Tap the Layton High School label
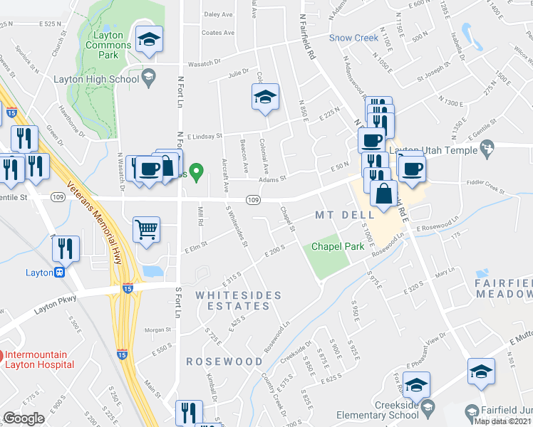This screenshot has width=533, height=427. click(96, 79)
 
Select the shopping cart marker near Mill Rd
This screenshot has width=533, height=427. click(147, 231)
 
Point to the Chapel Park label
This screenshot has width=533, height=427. click(338, 247)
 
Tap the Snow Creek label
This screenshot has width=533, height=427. click(353, 38)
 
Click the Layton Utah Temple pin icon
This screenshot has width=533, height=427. click(487, 149)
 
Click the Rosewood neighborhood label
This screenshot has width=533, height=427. click(224, 362)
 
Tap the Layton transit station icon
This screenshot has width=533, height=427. click(61, 273)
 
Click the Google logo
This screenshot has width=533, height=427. click(24, 418)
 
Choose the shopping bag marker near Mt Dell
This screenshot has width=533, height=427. click(383, 193)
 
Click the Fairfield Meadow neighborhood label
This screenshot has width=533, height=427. click(504, 288)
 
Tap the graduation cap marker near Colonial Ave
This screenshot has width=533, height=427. click(265, 97)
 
